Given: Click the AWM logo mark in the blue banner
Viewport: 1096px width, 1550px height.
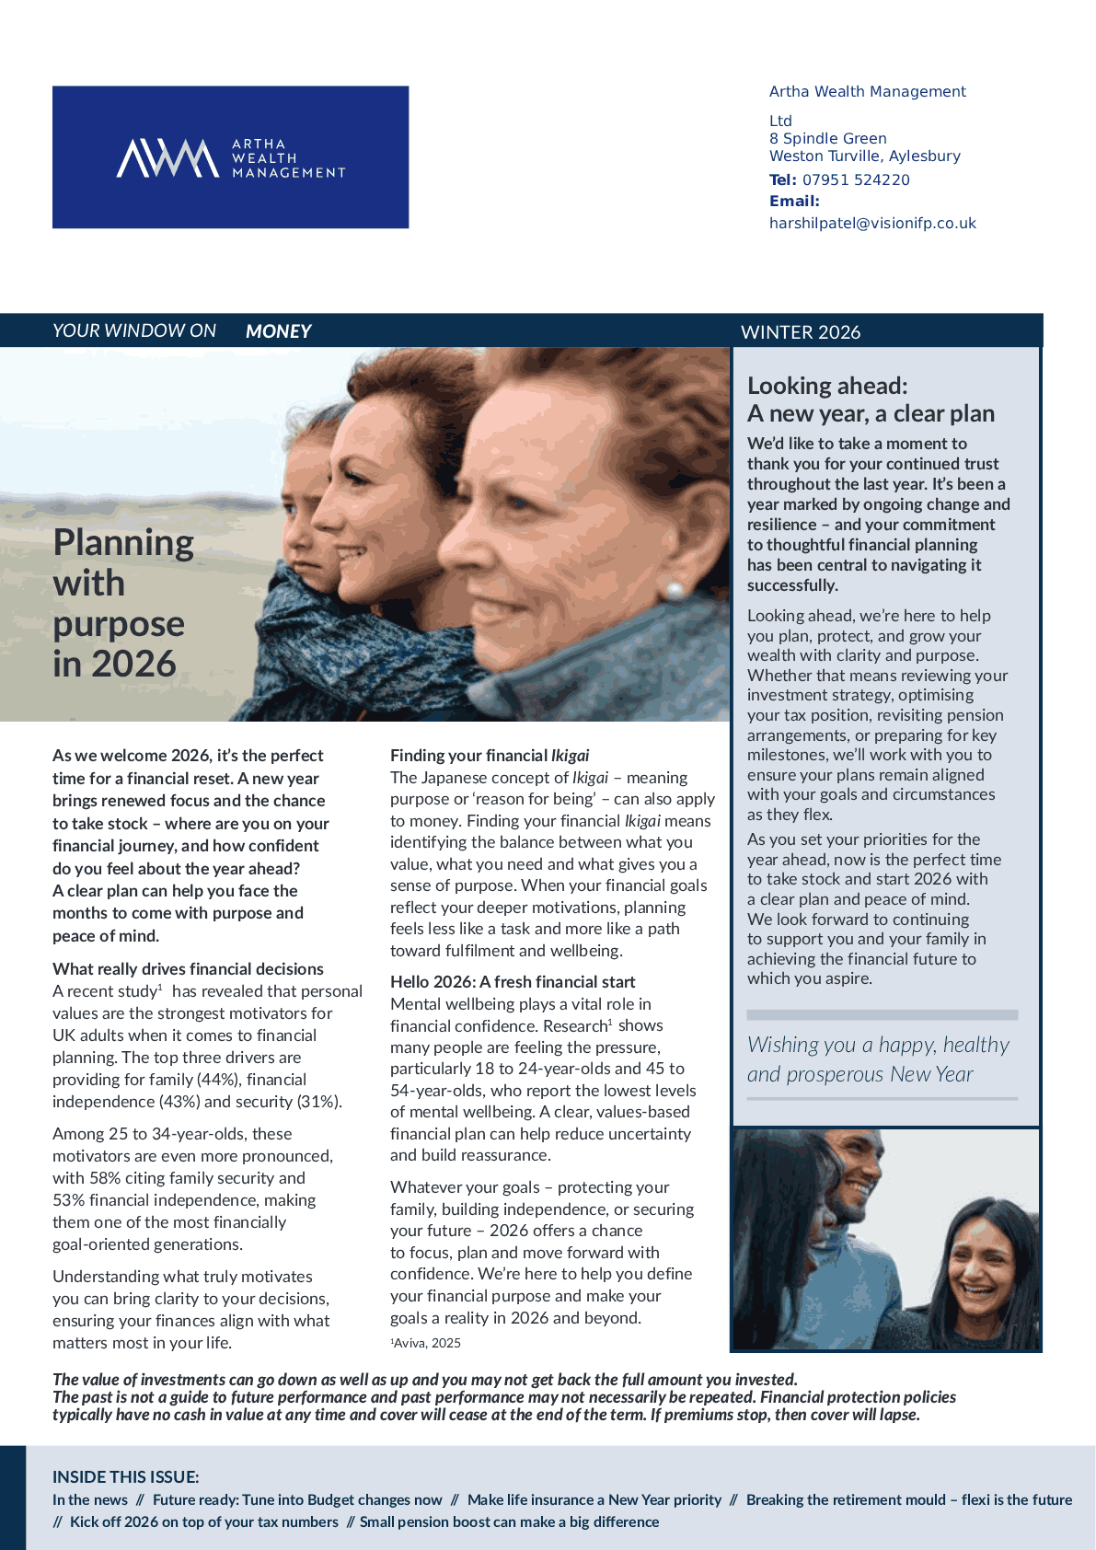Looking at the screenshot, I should tap(167, 157).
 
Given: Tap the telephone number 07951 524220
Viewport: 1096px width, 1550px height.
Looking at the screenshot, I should tap(855, 179).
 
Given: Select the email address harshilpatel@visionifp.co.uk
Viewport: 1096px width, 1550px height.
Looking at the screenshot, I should tap(871, 223).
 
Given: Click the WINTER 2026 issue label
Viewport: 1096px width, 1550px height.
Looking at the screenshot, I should tap(800, 332).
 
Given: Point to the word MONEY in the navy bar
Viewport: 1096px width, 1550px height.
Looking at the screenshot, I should tap(278, 331).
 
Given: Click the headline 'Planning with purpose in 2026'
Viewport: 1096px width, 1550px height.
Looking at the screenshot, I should tap(122, 603).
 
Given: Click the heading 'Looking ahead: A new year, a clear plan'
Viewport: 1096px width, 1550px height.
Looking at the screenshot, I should tap(870, 399).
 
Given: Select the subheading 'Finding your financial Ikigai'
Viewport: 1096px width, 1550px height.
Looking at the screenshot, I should tap(490, 756).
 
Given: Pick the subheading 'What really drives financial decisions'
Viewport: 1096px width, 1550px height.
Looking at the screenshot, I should tap(188, 968).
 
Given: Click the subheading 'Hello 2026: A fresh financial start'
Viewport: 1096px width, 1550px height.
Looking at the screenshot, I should tap(512, 981).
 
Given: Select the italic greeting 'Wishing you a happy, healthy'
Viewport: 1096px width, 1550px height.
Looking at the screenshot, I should tap(877, 1046).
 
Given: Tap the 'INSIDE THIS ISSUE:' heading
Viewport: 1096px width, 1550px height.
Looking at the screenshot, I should tap(125, 1477).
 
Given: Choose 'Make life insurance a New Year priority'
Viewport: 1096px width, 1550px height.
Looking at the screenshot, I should tap(594, 1499).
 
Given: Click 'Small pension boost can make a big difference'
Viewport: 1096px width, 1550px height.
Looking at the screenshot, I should tap(509, 1521).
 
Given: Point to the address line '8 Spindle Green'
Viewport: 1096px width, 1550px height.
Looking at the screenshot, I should tap(827, 138).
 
